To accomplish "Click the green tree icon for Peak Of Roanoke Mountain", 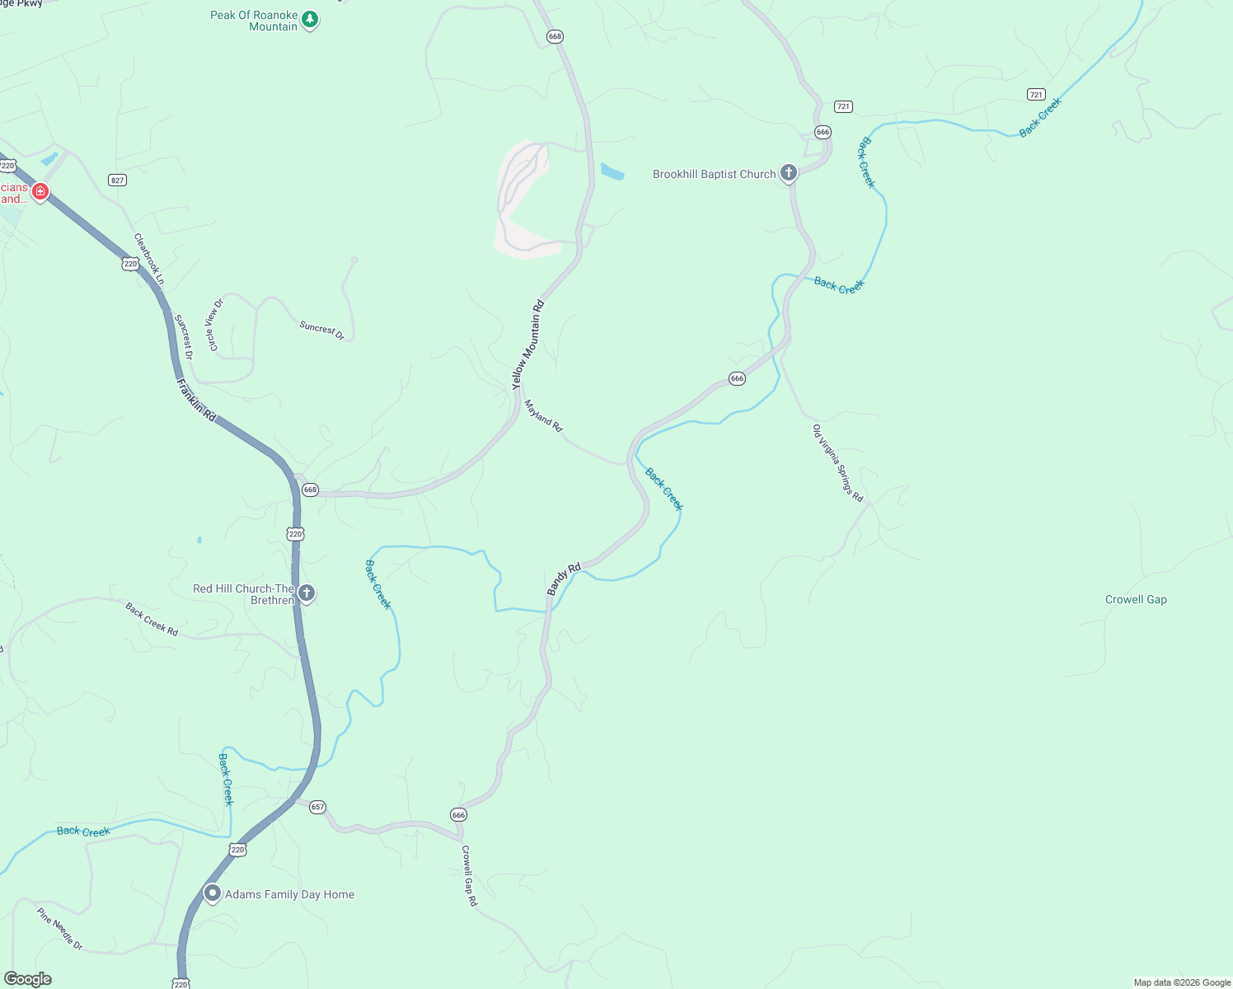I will click(310, 19).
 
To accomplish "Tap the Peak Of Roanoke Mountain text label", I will click(254, 21).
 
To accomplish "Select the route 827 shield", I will click(117, 180).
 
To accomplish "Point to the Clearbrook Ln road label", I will click(149, 259).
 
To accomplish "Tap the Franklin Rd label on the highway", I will click(196, 401).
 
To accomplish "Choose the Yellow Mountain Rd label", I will click(528, 345).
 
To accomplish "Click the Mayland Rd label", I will click(543, 415).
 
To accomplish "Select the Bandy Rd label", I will click(565, 579).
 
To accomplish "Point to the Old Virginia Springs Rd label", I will click(837, 463).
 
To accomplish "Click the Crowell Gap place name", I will click(1136, 600).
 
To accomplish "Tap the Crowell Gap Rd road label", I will click(469, 876).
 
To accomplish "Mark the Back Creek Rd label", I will click(152, 619).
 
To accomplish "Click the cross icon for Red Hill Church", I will click(307, 593).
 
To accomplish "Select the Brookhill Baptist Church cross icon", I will click(789, 173).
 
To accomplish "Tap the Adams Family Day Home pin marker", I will click(213, 893).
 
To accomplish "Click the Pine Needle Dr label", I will click(60, 928).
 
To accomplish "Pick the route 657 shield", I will click(318, 807).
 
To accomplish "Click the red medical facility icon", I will click(40, 192).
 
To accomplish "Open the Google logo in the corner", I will click(28, 979).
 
